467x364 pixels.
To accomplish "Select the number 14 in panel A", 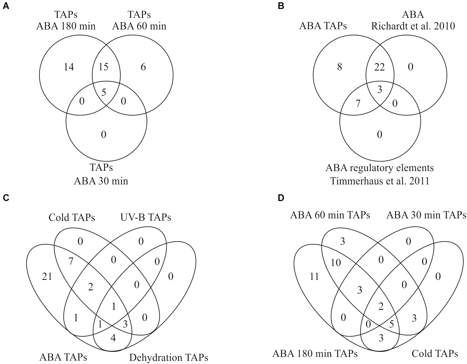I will pos(69,67).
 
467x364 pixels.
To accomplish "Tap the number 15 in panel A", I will pos(104,67).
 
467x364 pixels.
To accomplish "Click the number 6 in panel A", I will pos(143,67).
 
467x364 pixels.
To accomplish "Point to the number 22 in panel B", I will pos(380,67).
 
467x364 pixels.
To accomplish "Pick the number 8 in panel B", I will pos(339,67).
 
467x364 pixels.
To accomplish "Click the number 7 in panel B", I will pos(358,103).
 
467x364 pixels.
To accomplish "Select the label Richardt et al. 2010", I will pos(413,26).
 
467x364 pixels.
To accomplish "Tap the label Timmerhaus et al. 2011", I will pos(380,180).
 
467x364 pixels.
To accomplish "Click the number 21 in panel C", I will pos(47,276).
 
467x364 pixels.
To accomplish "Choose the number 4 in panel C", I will pos(113,338).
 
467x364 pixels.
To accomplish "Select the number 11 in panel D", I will pos(314,276).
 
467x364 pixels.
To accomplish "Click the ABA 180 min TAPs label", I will pos(315,354).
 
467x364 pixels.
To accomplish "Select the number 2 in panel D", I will pos(381,306).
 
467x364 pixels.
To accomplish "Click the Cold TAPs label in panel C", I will pos(72,218).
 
